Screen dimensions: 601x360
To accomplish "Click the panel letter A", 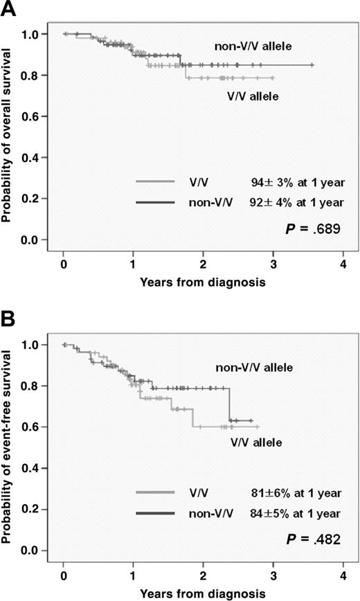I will pyautogui.click(x=9, y=9).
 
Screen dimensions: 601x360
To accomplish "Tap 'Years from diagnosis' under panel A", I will pyautogui.click(x=203, y=282).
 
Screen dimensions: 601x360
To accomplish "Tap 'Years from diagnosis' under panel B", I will pyautogui.click(x=203, y=593).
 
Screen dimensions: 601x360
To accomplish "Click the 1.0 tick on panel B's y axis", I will pyautogui.click(x=30, y=345).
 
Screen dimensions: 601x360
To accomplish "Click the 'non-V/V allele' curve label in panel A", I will pyautogui.click(x=254, y=46).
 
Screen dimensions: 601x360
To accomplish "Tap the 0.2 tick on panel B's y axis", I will pyautogui.click(x=30, y=510).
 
